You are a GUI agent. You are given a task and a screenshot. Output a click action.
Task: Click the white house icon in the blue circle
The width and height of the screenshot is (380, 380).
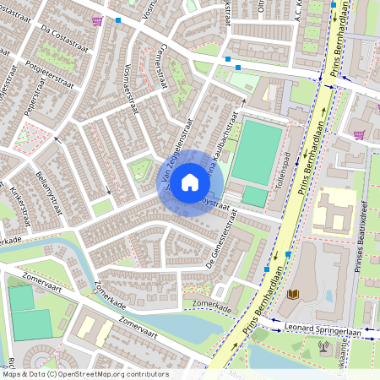[x=190, y=182]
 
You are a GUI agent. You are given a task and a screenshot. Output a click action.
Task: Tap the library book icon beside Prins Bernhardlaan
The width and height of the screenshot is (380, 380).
[x=293, y=294]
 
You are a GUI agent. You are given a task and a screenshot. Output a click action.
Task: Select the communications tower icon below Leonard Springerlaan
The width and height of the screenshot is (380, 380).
[x=324, y=345]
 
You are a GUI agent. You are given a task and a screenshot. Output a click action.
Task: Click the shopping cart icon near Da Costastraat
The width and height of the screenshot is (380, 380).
[x=98, y=20]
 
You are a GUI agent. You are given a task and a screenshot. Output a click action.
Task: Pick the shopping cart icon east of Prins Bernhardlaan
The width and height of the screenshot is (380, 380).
[x=360, y=133]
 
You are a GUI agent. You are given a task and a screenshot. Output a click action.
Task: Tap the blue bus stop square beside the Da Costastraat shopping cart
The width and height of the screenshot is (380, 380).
[x=118, y=19]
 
